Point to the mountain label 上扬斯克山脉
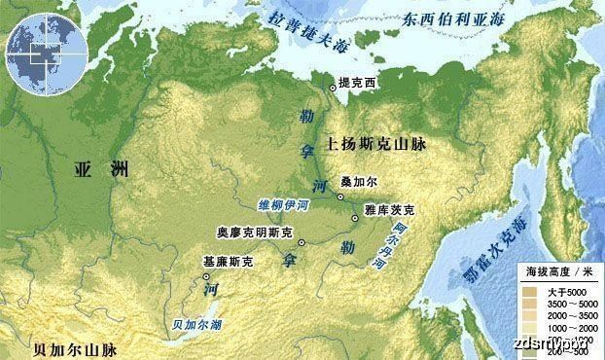tap(380, 142)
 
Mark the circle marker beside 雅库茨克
tap(355, 218)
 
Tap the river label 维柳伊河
tap(283, 205)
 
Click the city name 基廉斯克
tap(228, 262)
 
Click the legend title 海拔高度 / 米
tap(558, 270)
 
